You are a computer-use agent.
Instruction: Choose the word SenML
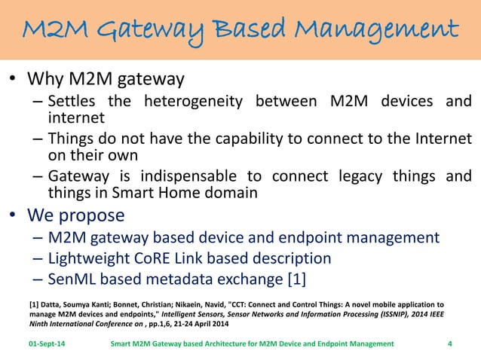73,279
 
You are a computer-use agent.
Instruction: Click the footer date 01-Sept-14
46,344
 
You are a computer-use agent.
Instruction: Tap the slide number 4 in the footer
449,344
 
